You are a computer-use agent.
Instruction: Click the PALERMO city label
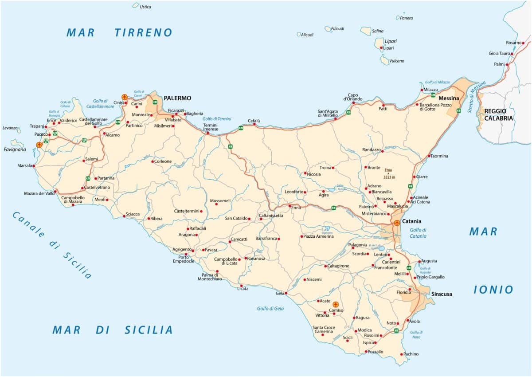177,98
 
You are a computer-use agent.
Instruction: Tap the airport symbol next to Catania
396,222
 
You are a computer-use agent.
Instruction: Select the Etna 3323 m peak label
388,173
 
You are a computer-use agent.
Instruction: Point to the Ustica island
136,5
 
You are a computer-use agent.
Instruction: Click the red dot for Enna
289,206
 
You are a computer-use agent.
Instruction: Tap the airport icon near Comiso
336,305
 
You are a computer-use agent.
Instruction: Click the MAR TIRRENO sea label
119,32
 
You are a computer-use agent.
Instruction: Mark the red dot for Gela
286,293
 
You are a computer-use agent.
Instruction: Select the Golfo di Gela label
270,309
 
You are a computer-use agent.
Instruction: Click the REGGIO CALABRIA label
498,115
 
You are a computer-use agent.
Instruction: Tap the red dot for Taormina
429,156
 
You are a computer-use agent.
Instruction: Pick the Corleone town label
163,161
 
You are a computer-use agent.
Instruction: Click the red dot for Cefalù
254,124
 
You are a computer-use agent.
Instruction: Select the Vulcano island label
396,61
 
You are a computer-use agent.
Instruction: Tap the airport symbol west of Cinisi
124,97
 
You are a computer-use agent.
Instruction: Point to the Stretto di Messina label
477,97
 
